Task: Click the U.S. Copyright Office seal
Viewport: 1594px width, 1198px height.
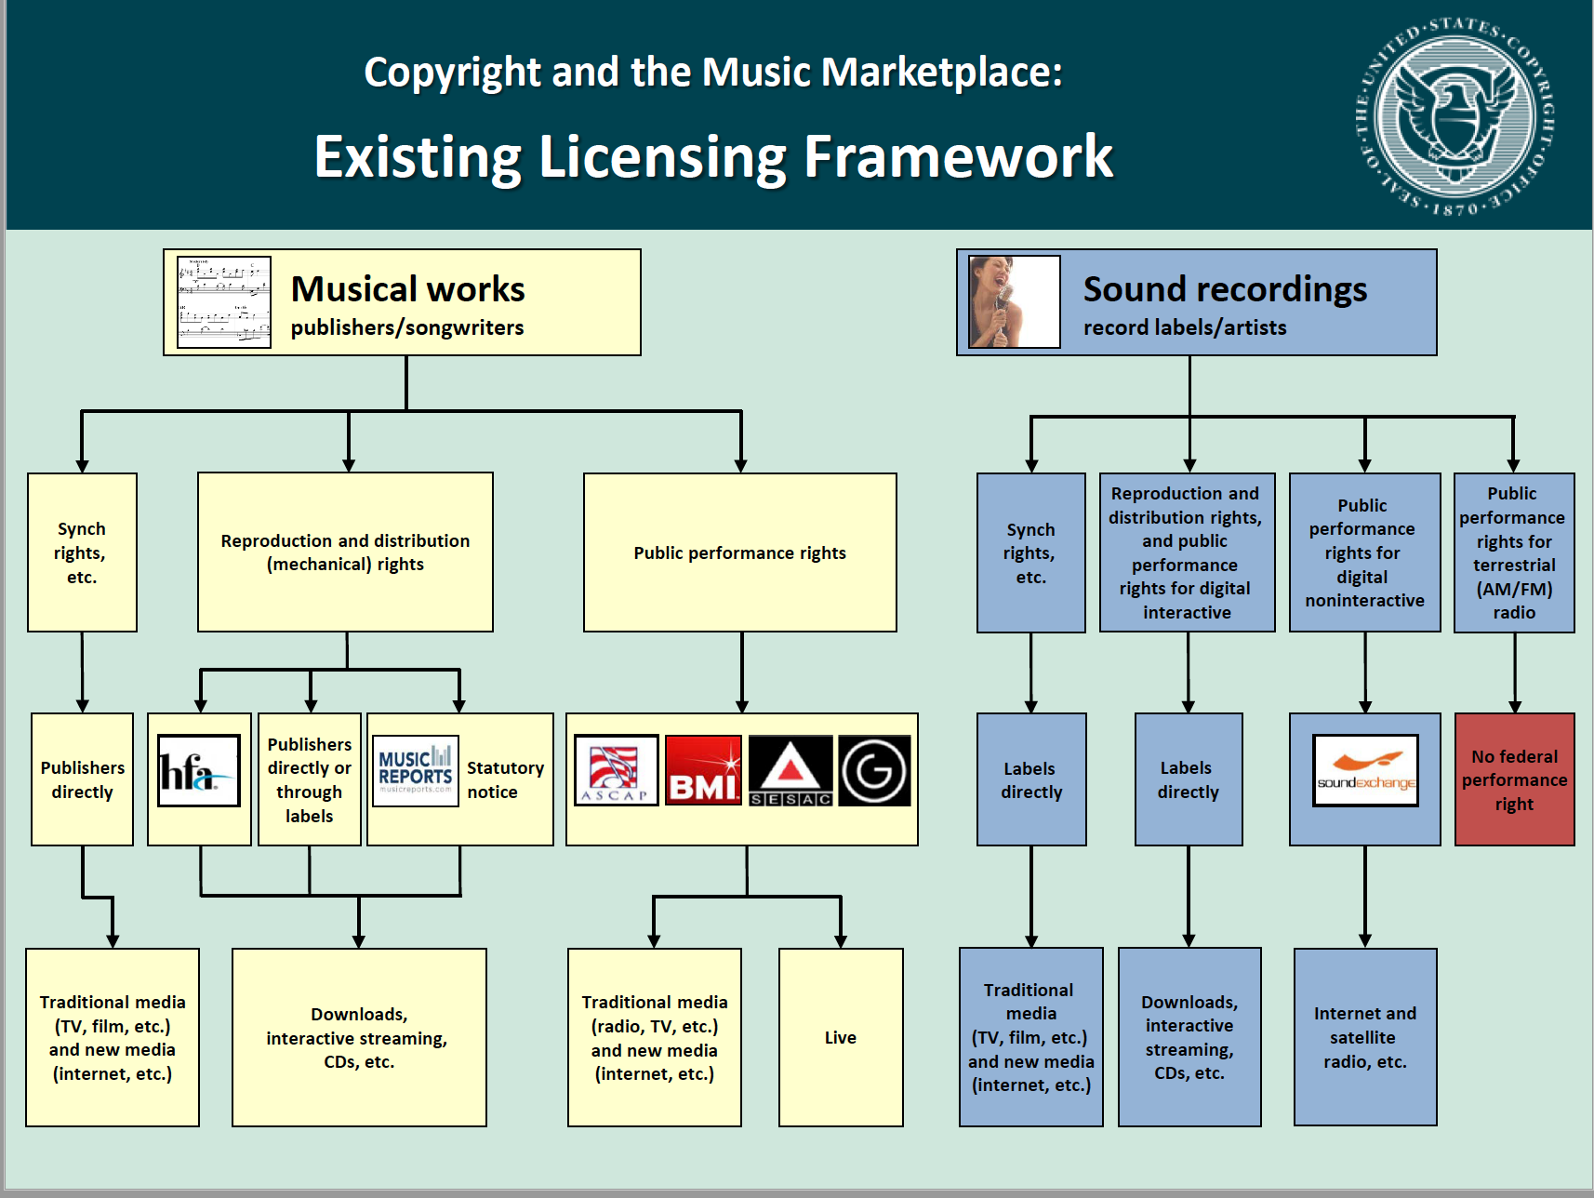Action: pyautogui.click(x=1455, y=115)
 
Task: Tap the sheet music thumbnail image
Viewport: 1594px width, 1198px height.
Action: pyautogui.click(x=224, y=302)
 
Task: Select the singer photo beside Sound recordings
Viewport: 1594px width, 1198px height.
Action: pyautogui.click(x=1014, y=302)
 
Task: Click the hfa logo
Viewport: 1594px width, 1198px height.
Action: pyautogui.click(x=198, y=770)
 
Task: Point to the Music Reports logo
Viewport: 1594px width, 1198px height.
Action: pyautogui.click(x=415, y=771)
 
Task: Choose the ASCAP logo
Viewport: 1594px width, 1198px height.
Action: pyautogui.click(x=616, y=771)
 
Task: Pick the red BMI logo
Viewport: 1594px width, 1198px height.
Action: pyautogui.click(x=703, y=771)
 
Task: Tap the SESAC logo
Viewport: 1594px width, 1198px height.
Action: pyautogui.click(x=790, y=771)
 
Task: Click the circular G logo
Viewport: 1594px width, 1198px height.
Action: pyautogui.click(x=874, y=771)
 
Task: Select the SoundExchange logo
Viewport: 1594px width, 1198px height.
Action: pyautogui.click(x=1365, y=771)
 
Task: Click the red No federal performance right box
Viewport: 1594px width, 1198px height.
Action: pyautogui.click(x=1514, y=779)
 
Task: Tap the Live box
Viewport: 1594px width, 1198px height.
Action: pyautogui.click(x=841, y=1037)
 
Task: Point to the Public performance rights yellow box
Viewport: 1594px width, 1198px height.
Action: pyautogui.click(x=740, y=552)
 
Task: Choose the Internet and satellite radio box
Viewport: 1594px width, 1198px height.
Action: pyautogui.click(x=1365, y=1037)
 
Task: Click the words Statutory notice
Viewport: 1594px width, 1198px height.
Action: pyautogui.click(x=505, y=779)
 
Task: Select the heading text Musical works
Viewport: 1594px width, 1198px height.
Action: pyautogui.click(x=407, y=289)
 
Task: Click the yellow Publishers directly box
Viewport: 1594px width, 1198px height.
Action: pyautogui.click(x=82, y=779)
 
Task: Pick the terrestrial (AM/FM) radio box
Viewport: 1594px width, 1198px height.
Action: pyautogui.click(x=1514, y=552)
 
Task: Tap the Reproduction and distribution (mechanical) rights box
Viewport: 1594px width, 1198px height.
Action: pyautogui.click(x=345, y=552)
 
